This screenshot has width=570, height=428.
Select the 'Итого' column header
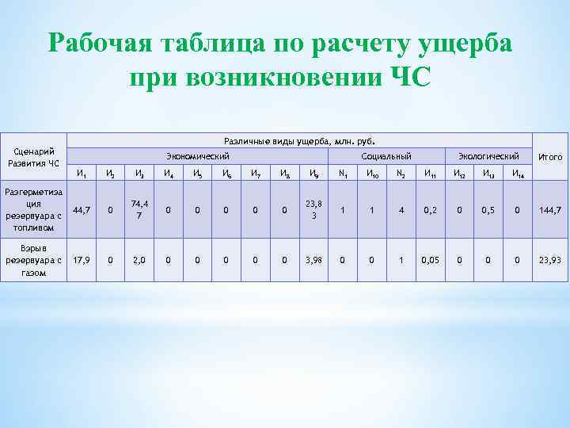[x=550, y=157]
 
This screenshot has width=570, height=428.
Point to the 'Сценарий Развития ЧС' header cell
[x=33, y=157]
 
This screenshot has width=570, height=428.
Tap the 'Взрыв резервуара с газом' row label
[x=33, y=259]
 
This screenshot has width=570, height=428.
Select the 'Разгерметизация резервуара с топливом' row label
[x=33, y=210]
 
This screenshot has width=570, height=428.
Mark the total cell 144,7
[x=550, y=210]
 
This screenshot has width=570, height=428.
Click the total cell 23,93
[x=550, y=259]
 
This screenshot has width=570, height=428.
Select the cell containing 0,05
[x=430, y=259]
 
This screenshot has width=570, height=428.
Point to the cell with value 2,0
[x=139, y=259]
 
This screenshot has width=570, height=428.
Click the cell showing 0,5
[x=488, y=210]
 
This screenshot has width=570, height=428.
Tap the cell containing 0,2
[x=430, y=210]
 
